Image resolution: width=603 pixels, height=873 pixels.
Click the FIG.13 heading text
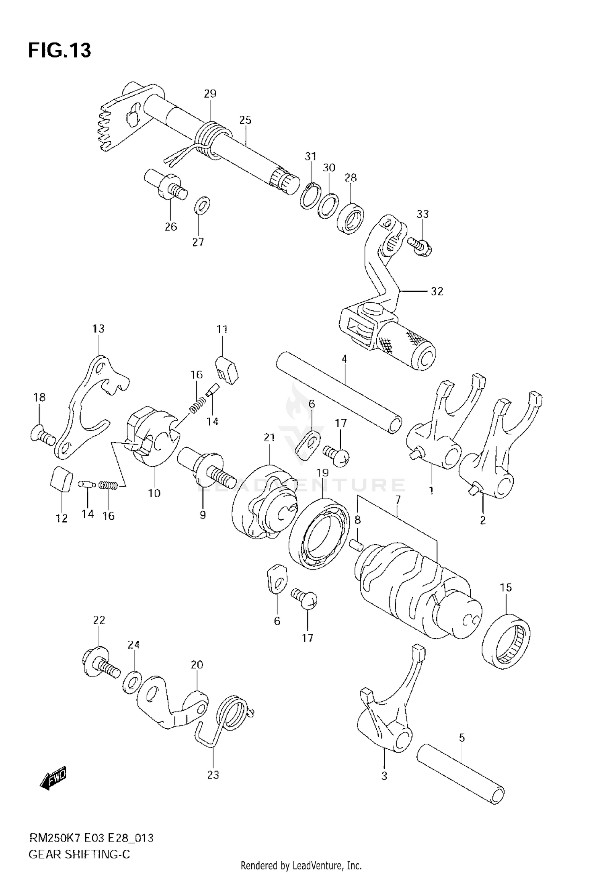59,51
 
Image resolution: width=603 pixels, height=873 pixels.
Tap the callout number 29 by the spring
210,94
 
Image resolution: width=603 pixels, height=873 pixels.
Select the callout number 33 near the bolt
423,214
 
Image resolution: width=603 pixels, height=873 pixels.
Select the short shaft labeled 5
460,772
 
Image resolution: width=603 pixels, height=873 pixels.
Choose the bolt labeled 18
42,436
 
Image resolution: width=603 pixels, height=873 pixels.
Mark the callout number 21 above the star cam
269,437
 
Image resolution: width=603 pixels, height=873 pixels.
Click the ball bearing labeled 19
320,533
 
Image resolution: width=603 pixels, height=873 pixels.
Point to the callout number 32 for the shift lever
437,291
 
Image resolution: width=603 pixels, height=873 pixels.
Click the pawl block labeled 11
227,368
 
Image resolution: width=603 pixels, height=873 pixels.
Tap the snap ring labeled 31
309,196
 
